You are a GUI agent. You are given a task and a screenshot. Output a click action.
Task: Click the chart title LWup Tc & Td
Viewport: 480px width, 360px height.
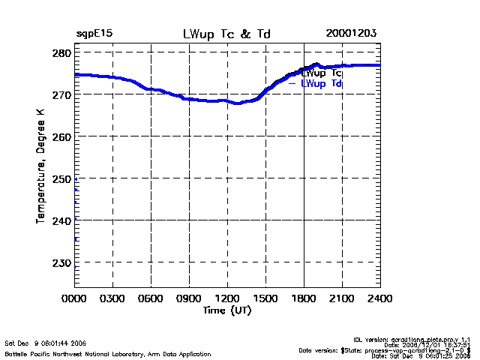pyautogui.click(x=226, y=34)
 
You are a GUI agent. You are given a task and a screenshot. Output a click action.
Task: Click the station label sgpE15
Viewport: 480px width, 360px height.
pyautogui.click(x=94, y=34)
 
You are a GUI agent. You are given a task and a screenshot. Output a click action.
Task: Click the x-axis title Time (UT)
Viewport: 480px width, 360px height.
pyautogui.click(x=226, y=310)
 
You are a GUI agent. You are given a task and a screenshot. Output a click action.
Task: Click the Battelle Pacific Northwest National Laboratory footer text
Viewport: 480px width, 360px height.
pyautogui.click(x=108, y=353)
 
